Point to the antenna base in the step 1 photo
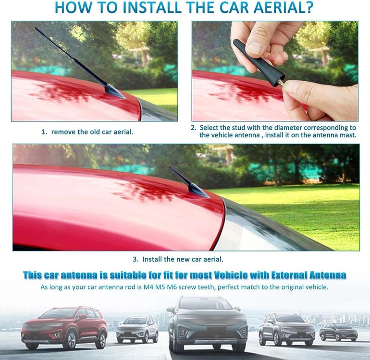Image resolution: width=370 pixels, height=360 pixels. click(114, 92)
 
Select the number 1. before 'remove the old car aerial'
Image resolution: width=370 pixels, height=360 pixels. click(44, 132)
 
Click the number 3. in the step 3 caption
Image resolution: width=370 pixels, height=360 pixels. click(136, 259)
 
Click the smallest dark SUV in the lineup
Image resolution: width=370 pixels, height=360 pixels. click(339, 332)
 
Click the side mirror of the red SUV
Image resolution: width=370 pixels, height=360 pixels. click(83, 317)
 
